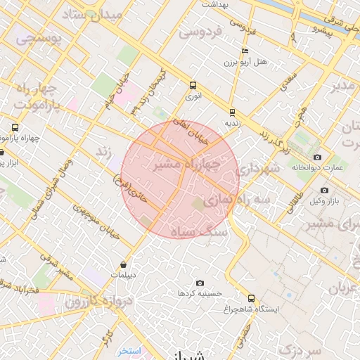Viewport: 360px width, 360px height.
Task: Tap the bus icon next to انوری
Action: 193,86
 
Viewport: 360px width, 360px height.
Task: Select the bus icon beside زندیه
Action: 232,111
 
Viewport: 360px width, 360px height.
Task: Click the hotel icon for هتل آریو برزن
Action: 244,51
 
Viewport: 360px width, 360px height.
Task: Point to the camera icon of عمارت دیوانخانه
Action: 318,157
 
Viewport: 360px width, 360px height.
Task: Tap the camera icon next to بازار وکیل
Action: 324,190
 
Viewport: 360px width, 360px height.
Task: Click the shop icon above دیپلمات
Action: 124,265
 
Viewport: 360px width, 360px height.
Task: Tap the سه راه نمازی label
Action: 236,200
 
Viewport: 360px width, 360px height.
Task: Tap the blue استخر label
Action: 130,350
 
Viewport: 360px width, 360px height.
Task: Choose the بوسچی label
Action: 39,40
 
